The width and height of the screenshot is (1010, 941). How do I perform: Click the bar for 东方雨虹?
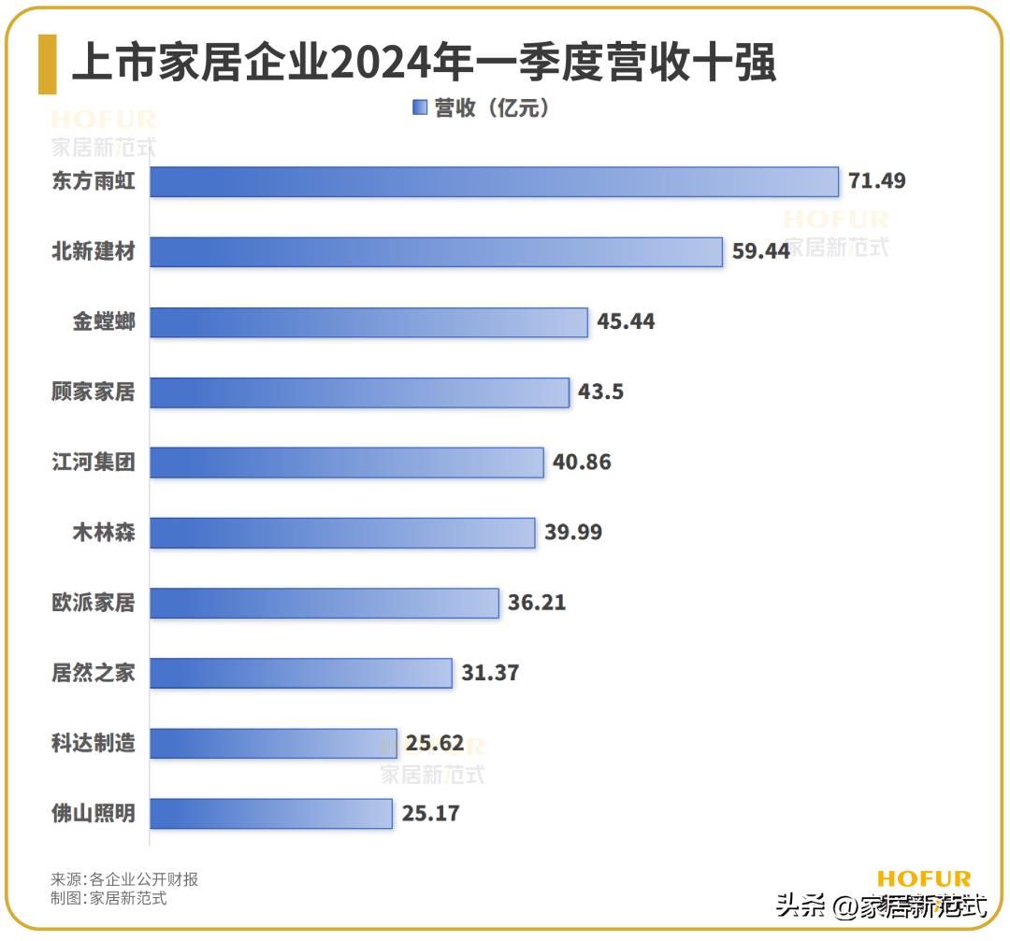tap(494, 181)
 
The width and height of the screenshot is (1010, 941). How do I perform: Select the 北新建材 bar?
tap(436, 251)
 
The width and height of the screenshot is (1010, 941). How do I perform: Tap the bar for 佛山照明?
tap(271, 813)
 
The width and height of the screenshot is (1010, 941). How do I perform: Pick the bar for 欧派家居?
tap(325, 603)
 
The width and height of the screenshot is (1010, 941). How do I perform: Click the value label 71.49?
tap(877, 181)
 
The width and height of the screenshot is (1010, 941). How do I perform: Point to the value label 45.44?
tap(627, 322)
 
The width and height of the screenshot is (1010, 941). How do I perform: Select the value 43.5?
tap(600, 392)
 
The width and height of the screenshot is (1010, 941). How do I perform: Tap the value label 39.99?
tap(573, 533)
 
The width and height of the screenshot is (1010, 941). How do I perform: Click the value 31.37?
tap(490, 673)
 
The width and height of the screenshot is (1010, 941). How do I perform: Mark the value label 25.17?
tap(431, 813)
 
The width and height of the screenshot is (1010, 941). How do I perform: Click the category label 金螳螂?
tap(104, 322)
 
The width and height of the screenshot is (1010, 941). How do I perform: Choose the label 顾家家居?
tap(94, 392)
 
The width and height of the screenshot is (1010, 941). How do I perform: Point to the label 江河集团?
tap(94, 463)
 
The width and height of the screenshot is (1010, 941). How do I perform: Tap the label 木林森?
tap(104, 533)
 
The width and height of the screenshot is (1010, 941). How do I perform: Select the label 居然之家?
tap(94, 673)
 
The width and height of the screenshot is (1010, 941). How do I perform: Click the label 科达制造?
tap(94, 743)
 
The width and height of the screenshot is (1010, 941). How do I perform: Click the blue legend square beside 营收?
tap(419, 108)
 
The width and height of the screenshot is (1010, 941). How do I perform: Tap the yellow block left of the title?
tap(47, 64)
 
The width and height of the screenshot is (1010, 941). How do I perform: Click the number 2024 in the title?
tap(381, 64)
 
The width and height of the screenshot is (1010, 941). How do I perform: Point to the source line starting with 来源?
tap(124, 879)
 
